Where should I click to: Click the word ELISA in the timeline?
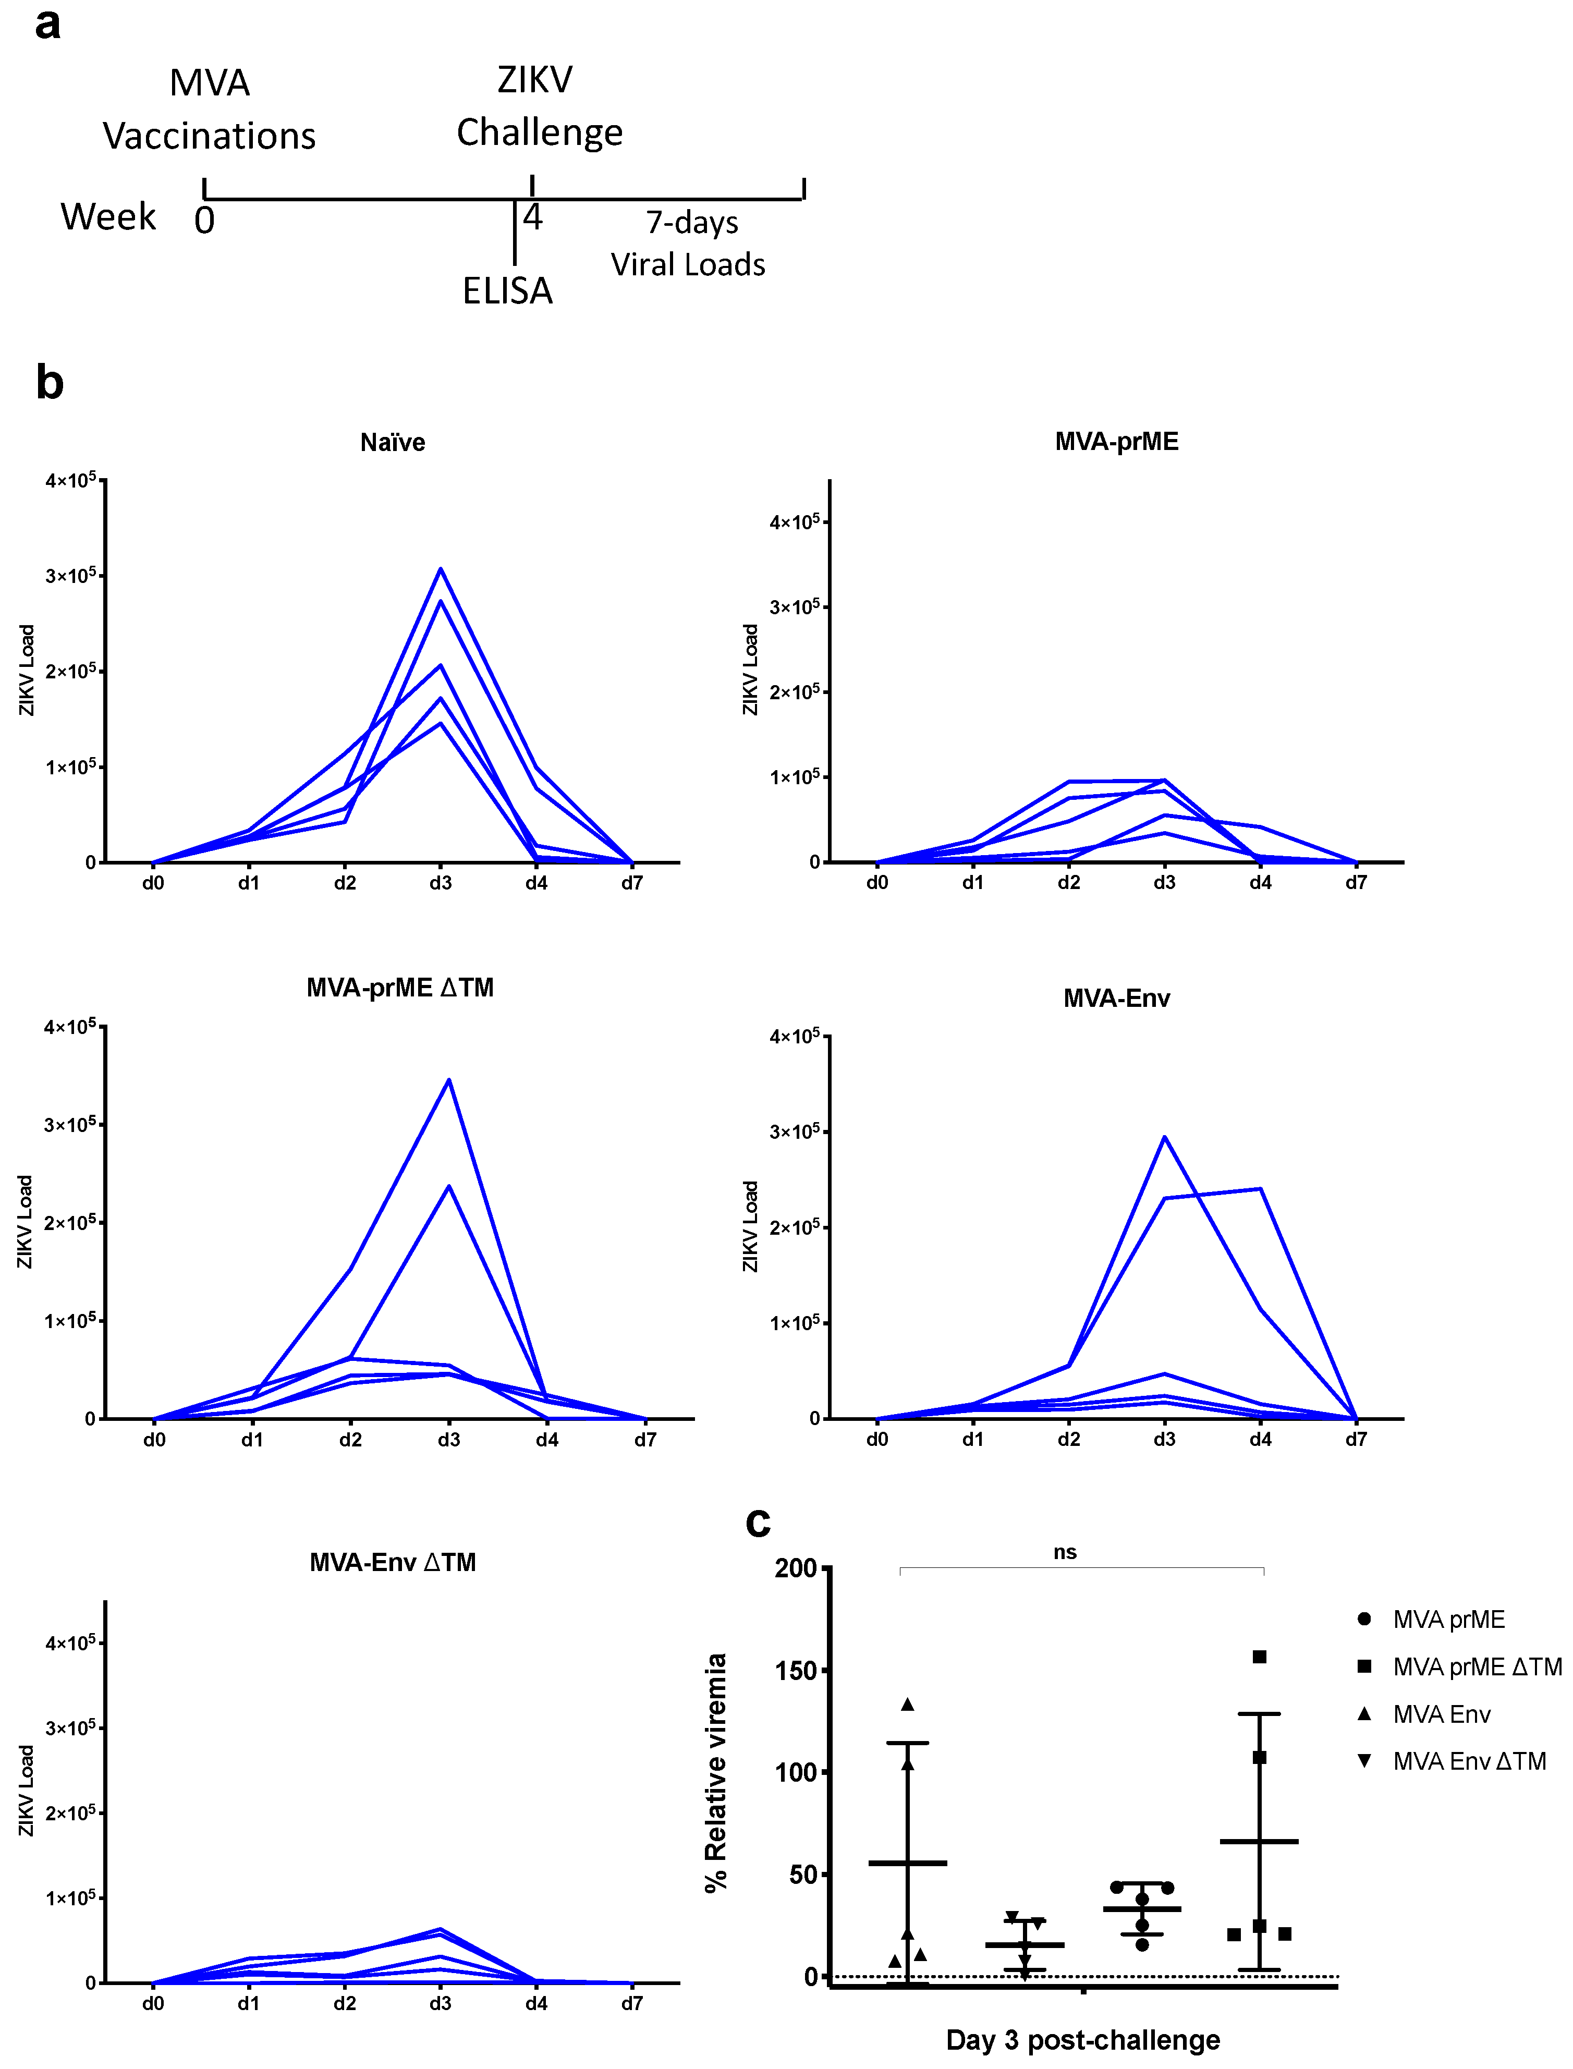click(x=507, y=291)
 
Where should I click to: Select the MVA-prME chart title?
click(x=1116, y=441)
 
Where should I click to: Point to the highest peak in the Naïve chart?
click(x=440, y=569)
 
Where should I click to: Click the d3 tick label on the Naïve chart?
click(x=440, y=883)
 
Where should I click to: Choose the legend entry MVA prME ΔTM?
click(x=1477, y=1668)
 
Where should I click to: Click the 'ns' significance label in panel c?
click(x=1065, y=1552)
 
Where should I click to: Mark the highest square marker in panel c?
click(x=1259, y=1657)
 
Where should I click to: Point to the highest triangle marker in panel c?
click(x=907, y=1705)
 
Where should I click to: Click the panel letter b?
click(x=50, y=383)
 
